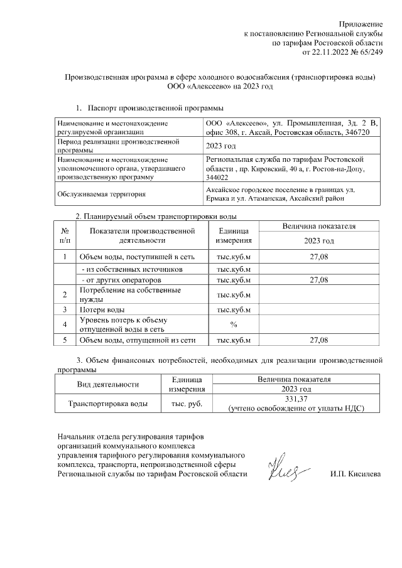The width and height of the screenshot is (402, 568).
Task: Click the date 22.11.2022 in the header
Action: [332, 52]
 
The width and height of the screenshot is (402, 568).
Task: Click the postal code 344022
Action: [217, 178]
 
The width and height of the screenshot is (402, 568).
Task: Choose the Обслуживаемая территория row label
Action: [101, 194]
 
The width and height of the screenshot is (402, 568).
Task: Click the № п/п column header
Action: [65, 235]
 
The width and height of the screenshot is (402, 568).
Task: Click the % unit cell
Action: [233, 324]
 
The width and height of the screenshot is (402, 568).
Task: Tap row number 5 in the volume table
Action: [65, 340]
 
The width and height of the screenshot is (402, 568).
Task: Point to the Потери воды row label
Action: [102, 309]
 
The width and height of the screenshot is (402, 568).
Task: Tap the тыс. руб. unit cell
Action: [182, 404]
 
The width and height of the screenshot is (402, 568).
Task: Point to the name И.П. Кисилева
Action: [356, 474]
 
